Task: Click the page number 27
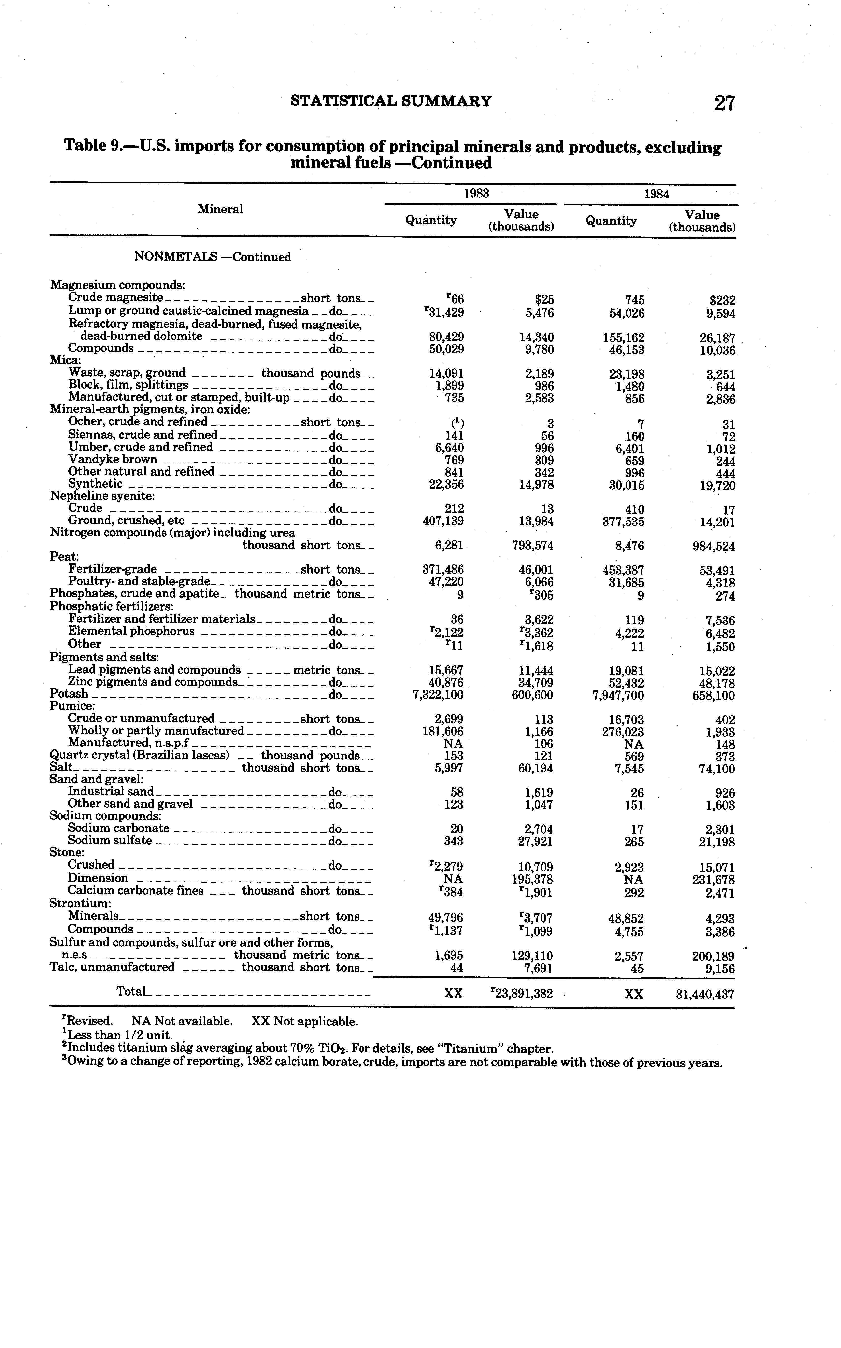coord(725,103)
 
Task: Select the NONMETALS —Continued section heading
coord(213,257)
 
